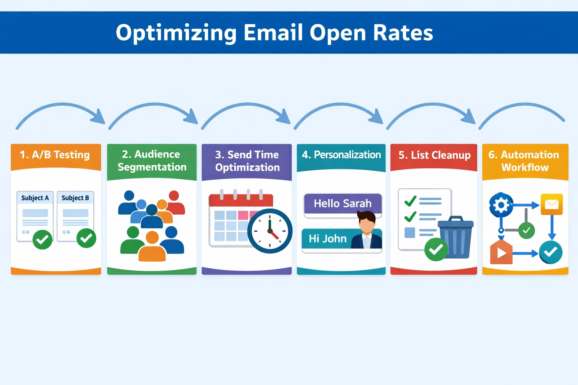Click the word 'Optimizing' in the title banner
point(176,33)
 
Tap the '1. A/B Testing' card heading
point(55,155)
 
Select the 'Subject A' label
point(35,198)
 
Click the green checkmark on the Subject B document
point(86,238)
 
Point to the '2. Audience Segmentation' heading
point(152,161)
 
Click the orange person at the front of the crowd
point(152,248)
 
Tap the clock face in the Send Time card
point(270,231)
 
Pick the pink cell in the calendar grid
point(243,215)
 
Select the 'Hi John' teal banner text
point(327,239)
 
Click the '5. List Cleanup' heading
point(434,155)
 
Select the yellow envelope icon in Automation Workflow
point(551,204)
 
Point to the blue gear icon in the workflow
point(501,205)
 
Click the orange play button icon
point(501,253)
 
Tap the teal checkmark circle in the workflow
point(551,252)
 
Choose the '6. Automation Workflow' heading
point(524,161)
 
